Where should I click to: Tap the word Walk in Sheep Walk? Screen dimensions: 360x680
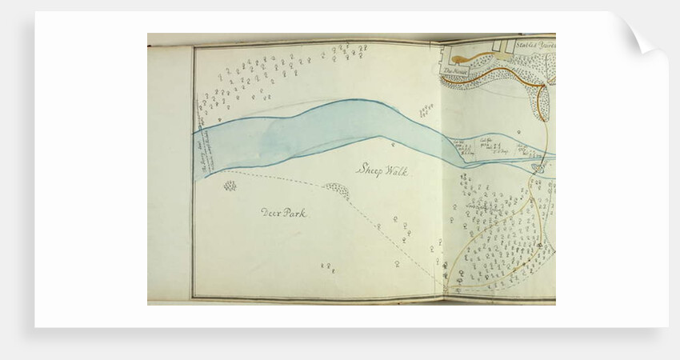pos(394,170)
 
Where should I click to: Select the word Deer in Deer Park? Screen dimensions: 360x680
pos(271,213)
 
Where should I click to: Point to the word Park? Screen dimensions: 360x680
pos(294,213)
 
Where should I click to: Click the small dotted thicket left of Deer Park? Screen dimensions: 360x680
pos(230,186)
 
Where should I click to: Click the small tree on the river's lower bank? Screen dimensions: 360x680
pos(394,145)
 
